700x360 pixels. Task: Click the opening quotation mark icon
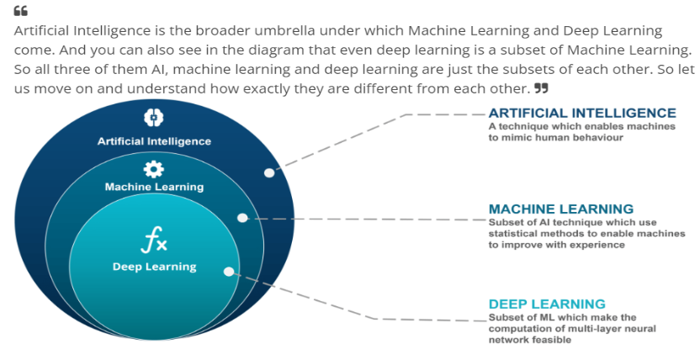(x=21, y=11)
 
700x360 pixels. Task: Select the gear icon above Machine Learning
(x=154, y=168)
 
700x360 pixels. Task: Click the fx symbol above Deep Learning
(x=154, y=243)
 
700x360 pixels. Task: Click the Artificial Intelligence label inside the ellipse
(x=154, y=141)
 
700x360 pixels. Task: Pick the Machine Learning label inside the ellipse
(x=154, y=187)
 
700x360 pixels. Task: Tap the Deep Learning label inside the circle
(x=154, y=267)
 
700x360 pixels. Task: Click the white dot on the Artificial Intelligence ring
(x=269, y=172)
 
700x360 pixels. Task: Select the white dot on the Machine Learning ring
(x=242, y=218)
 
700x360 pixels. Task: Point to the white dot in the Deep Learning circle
(x=228, y=271)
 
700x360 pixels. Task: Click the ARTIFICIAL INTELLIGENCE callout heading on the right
(x=582, y=113)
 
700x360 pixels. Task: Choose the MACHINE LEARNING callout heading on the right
(x=561, y=209)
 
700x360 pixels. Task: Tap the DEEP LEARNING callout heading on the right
(x=547, y=304)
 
